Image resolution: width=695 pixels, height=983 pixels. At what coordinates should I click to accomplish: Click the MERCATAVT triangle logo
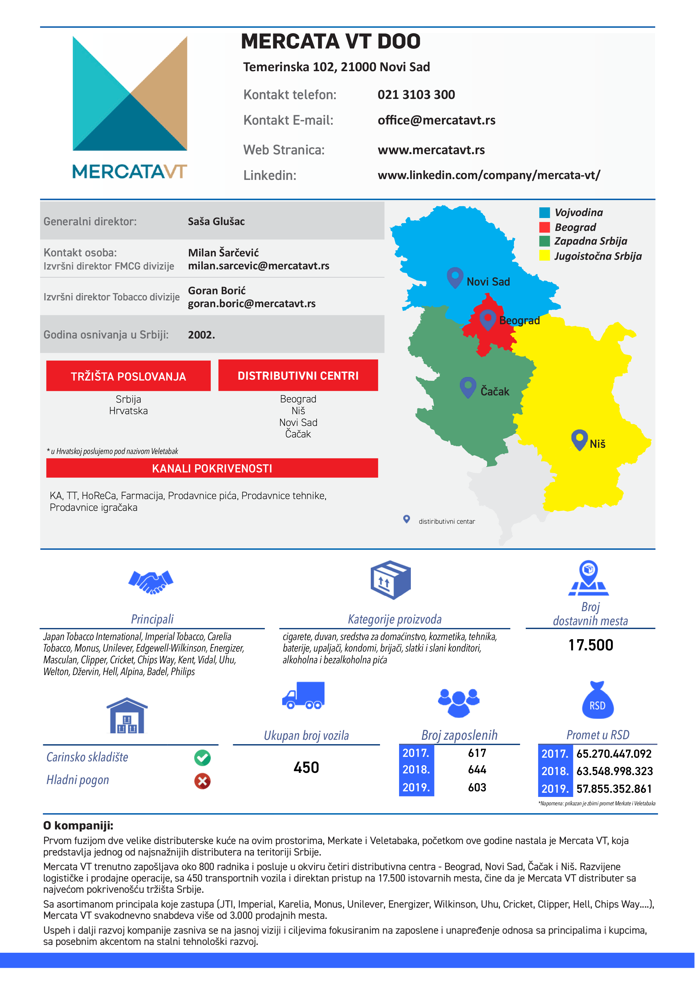130,93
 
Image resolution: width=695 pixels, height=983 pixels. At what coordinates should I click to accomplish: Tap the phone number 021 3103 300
416,95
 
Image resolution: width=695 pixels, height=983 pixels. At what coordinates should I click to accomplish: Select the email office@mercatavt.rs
436,120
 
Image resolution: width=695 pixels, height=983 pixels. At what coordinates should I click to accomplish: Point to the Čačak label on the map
495,391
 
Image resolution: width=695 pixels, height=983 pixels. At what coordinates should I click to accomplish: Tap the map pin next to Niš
579,439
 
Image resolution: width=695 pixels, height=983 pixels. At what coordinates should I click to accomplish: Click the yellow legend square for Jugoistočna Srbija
544,256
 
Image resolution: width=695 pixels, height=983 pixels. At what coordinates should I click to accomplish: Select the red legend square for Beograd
544,227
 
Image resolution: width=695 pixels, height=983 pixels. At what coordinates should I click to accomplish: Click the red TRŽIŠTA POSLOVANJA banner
128,376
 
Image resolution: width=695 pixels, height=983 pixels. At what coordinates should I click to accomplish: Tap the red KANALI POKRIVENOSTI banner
212,468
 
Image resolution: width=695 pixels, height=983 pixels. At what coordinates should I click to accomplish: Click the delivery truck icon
303,695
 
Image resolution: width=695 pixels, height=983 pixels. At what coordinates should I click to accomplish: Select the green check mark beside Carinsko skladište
202,758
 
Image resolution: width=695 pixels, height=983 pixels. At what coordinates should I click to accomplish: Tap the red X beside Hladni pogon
202,781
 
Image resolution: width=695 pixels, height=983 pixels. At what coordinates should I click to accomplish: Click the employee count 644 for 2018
477,770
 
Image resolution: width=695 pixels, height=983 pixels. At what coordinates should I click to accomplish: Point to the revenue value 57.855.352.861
614,789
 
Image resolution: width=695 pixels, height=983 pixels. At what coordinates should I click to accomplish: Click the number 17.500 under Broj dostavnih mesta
590,645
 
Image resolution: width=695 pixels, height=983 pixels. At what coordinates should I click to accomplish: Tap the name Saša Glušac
216,221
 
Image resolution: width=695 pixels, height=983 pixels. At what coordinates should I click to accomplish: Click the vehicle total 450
306,767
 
